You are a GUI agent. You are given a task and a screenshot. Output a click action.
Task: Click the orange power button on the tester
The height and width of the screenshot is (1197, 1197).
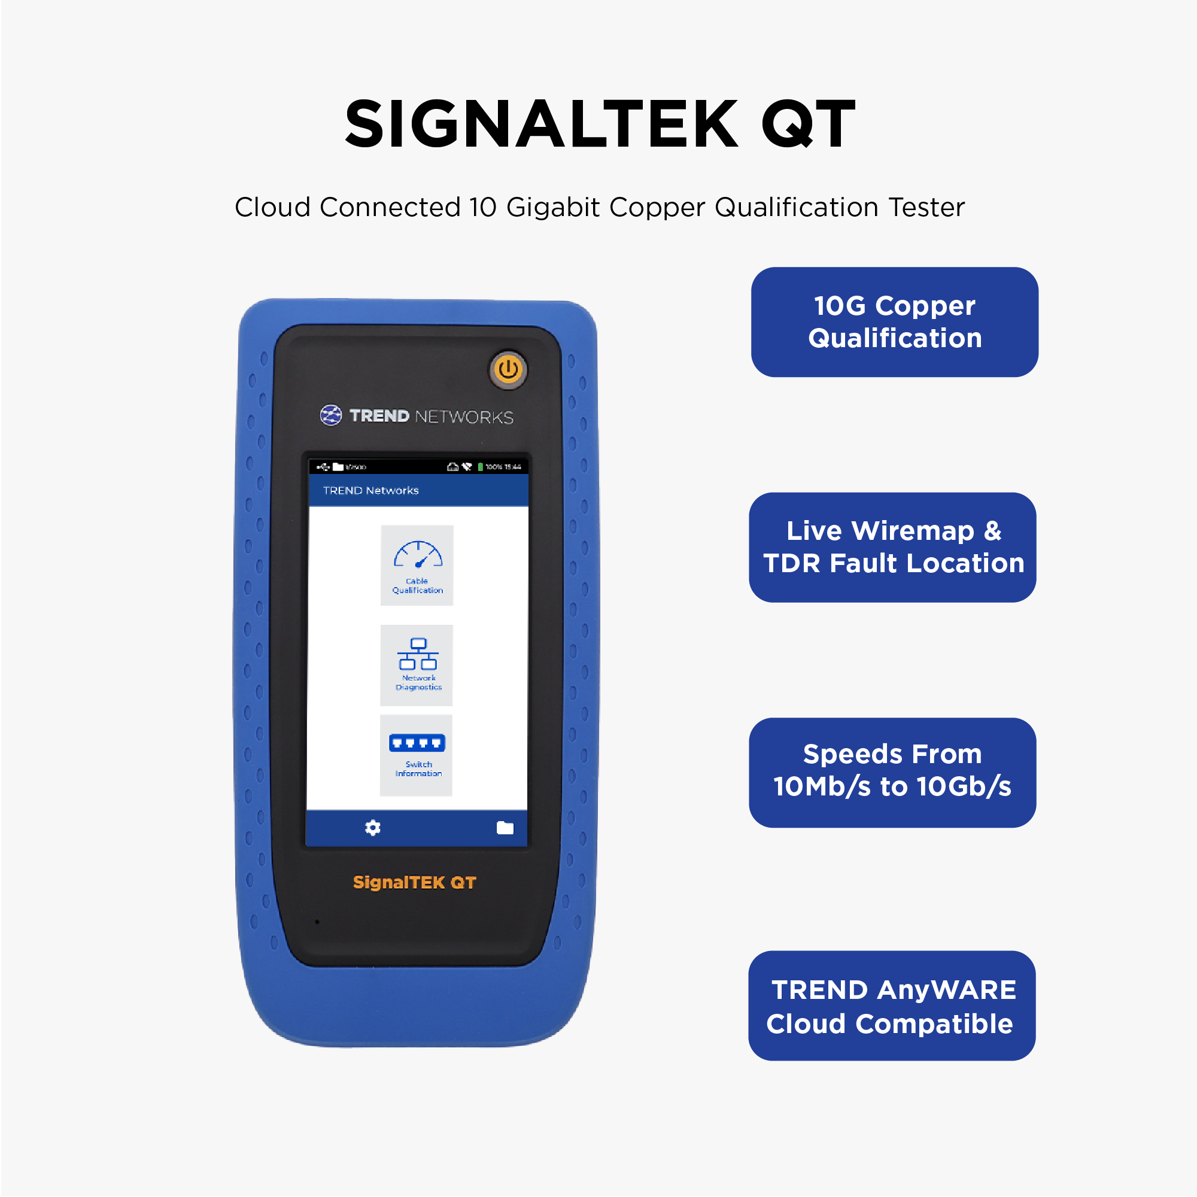pyautogui.click(x=508, y=369)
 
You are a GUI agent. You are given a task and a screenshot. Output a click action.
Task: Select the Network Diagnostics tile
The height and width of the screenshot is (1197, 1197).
pyautogui.click(x=417, y=665)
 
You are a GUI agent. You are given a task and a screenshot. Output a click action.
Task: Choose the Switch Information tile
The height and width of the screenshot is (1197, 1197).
pyautogui.click(x=417, y=755)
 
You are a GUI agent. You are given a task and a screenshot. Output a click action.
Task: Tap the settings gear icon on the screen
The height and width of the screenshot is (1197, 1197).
pyautogui.click(x=372, y=828)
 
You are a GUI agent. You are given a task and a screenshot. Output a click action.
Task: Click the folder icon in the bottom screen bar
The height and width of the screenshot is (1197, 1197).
pyautogui.click(x=505, y=828)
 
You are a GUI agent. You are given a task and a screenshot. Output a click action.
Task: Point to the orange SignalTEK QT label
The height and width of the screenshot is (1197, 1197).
pyautogui.click(x=415, y=882)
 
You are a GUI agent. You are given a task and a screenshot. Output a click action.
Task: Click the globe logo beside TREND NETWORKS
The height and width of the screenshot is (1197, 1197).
pyautogui.click(x=331, y=415)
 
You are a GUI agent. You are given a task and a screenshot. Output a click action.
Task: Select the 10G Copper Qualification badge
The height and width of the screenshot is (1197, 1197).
pyautogui.click(x=894, y=322)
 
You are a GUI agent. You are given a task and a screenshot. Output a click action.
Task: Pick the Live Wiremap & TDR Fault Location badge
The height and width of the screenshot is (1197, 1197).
pyautogui.click(x=892, y=547)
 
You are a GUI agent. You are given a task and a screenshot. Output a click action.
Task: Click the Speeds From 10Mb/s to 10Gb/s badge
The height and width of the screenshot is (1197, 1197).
pyautogui.click(x=892, y=772)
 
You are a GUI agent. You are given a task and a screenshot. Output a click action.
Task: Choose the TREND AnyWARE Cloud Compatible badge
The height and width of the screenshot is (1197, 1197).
pyautogui.click(x=892, y=1005)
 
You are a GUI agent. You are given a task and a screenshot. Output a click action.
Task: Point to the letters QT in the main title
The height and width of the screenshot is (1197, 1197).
pyautogui.click(x=808, y=124)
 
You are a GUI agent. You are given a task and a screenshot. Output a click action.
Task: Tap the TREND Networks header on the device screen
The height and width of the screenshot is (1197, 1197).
pyautogui.click(x=370, y=490)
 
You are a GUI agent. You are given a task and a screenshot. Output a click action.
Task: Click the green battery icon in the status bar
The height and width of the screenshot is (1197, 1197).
pyautogui.click(x=480, y=467)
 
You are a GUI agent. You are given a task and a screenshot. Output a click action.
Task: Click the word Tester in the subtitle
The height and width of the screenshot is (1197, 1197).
pyautogui.click(x=926, y=207)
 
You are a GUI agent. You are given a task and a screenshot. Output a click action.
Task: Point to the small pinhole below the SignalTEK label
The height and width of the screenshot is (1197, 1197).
pyautogui.click(x=317, y=922)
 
